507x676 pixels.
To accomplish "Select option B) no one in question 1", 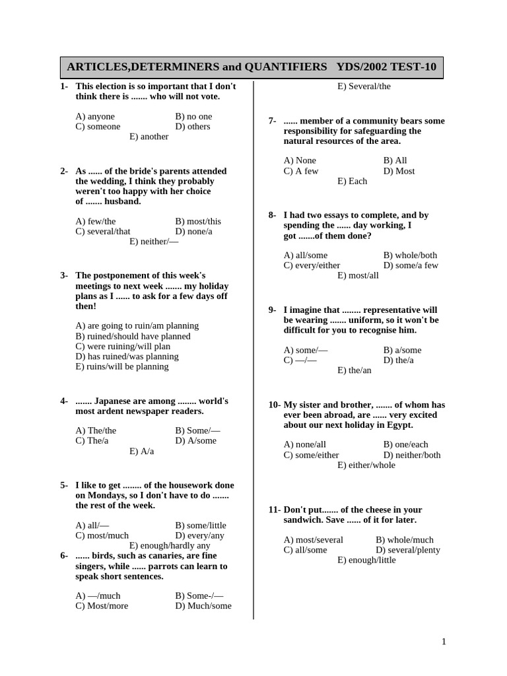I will click(193, 116).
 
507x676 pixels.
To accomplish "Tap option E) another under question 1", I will click(149, 137).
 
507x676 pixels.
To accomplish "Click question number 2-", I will click(64, 171).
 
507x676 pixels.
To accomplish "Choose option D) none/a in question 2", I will click(198, 231).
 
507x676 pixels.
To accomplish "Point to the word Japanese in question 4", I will click(118, 401).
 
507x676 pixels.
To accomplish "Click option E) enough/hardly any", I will click(170, 545).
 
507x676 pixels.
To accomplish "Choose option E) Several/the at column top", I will click(364, 86).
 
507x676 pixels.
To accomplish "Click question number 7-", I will click(272, 121).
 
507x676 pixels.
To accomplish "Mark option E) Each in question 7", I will click(352, 181).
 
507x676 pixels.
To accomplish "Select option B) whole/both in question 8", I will click(410, 255).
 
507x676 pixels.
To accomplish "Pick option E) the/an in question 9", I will click(355, 370).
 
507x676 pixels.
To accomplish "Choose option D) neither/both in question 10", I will click(411, 455).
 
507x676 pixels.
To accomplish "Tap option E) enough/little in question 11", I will click(366, 560).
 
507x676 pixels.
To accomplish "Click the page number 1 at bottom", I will click(444, 642).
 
